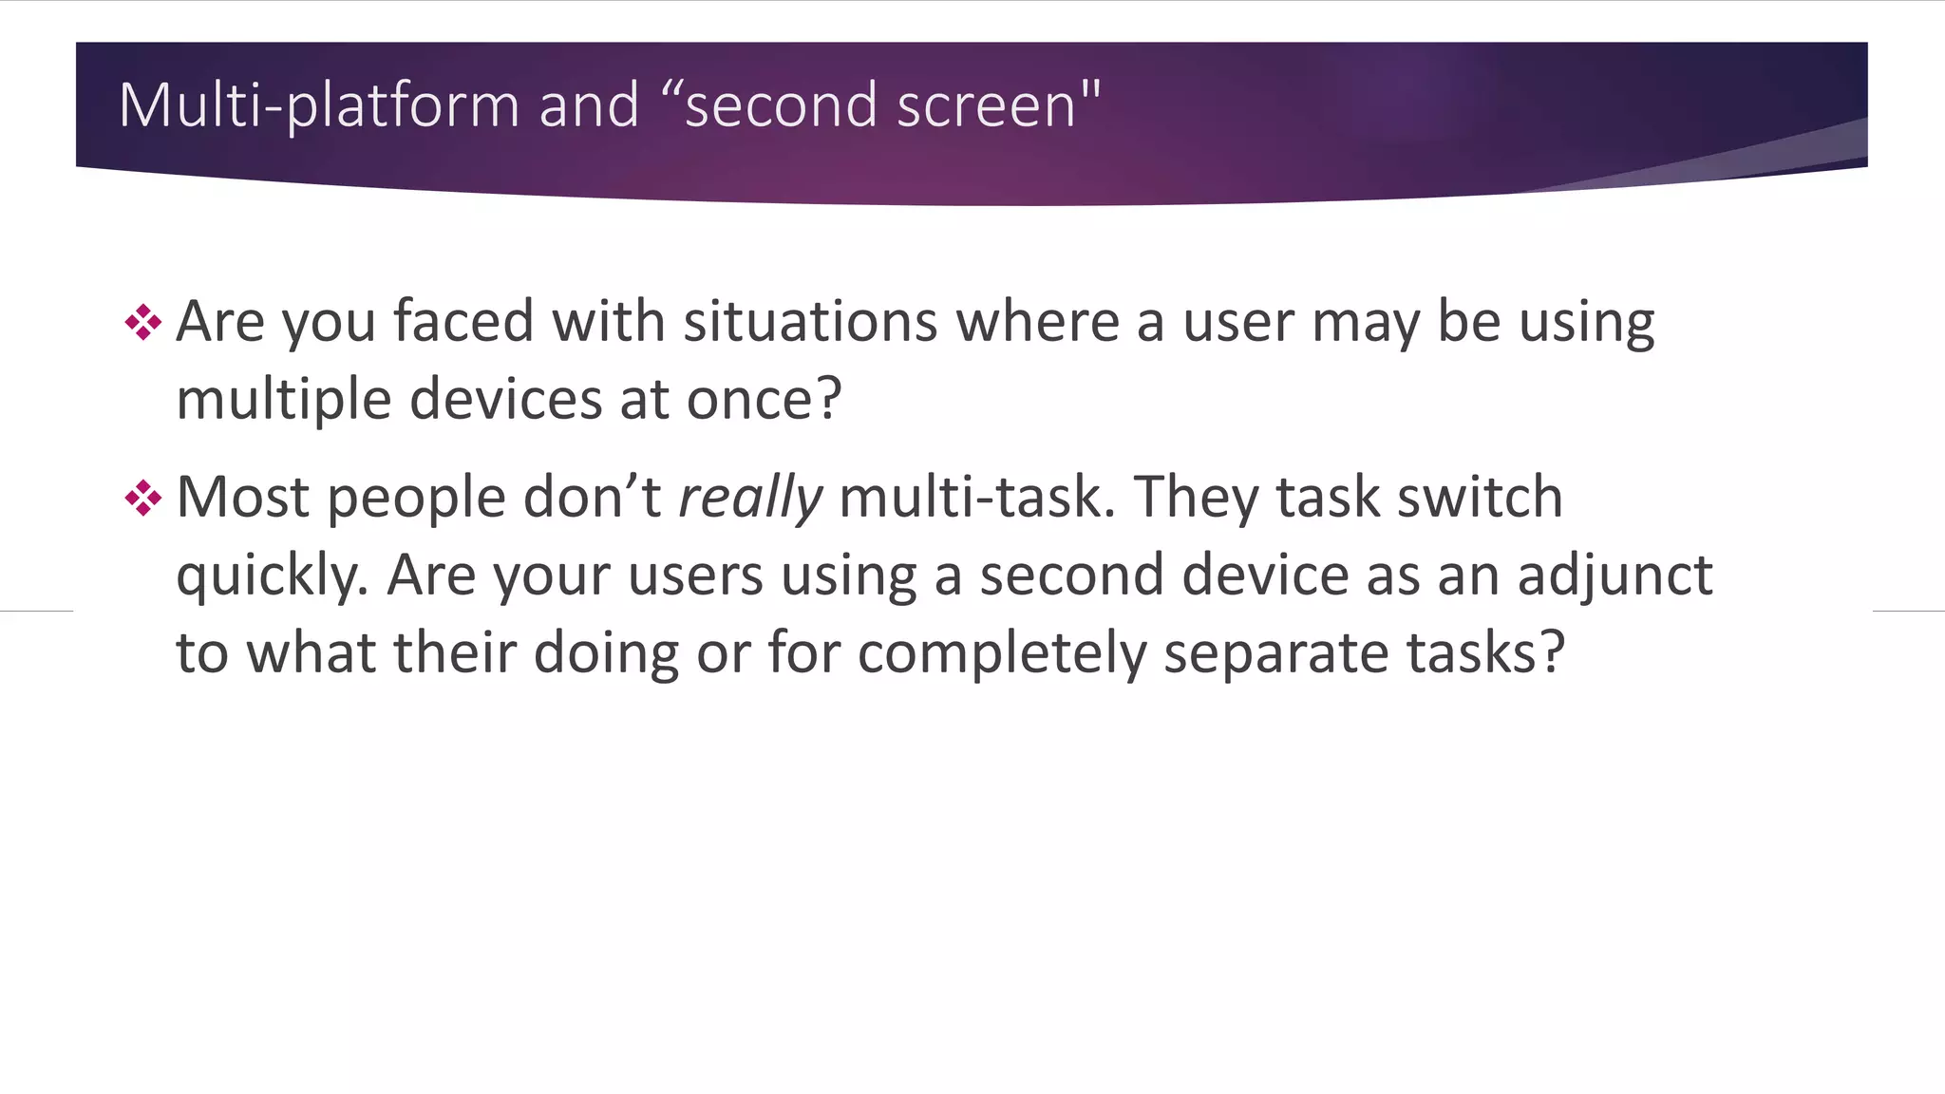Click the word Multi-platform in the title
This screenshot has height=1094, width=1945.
[x=318, y=105]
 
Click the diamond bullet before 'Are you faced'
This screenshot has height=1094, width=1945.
[x=142, y=323]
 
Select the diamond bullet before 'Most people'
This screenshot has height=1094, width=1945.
[x=142, y=498]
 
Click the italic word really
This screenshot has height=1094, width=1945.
[x=750, y=498]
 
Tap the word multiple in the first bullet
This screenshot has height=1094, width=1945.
[x=283, y=399]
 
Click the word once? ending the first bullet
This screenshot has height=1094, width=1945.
[x=764, y=399]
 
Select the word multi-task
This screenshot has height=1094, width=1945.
[x=977, y=498]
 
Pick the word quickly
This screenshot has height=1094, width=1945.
[x=272, y=576]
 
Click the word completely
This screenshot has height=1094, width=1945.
[x=1002, y=653]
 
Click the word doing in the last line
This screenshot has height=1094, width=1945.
[x=605, y=653]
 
